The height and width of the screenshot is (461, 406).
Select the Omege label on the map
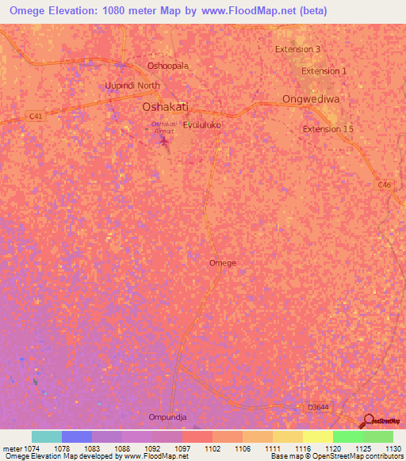click(x=222, y=262)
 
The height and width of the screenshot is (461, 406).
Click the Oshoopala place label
click(x=168, y=66)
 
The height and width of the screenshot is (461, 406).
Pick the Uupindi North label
click(x=132, y=86)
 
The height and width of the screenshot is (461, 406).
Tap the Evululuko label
click(x=202, y=125)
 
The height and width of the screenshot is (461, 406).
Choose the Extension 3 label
click(x=298, y=49)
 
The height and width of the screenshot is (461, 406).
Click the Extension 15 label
click(x=327, y=129)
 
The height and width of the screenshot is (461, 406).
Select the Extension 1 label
click(x=324, y=71)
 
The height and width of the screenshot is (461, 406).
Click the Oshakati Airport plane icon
click(x=164, y=142)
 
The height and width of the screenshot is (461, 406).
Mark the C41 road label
click(x=34, y=116)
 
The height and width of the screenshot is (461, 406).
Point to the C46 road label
click(x=385, y=185)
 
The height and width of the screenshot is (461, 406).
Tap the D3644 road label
click(x=318, y=407)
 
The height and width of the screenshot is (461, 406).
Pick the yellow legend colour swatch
click(x=318, y=436)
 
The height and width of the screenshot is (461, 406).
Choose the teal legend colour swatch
click(x=47, y=436)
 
